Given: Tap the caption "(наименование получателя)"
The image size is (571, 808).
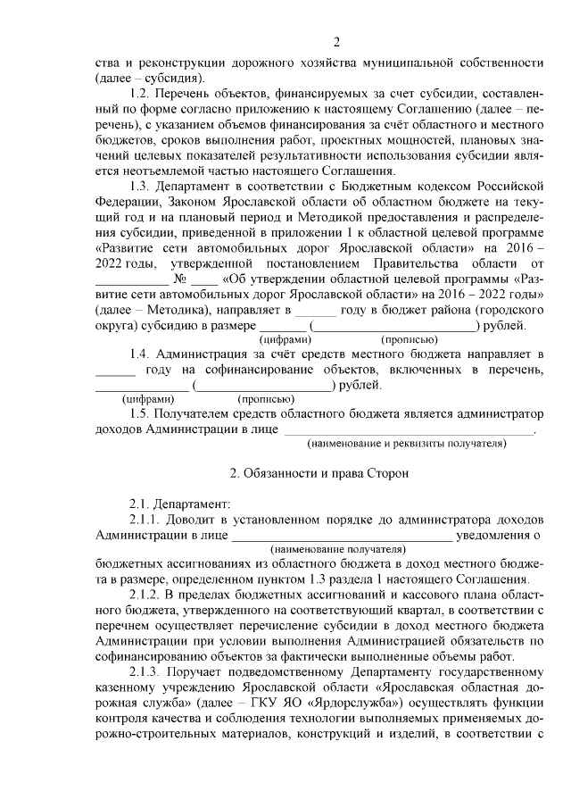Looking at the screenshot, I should point(337,549).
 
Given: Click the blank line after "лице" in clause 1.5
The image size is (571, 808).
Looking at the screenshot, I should point(408,431).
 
